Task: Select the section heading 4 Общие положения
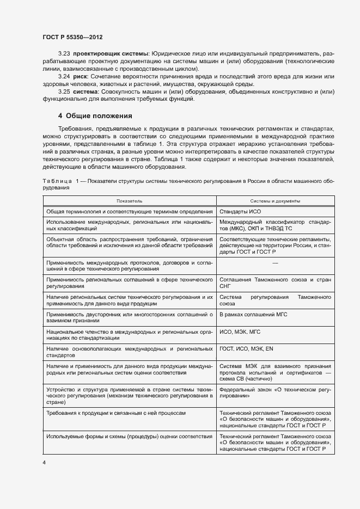click(95, 116)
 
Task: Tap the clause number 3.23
click(65, 53)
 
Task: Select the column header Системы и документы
click(275, 200)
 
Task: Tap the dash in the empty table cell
click(275, 263)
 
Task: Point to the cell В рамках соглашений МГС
click(253, 314)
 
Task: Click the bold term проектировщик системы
click(111, 53)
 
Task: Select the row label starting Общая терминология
click(129, 211)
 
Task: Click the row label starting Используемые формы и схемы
click(129, 437)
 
